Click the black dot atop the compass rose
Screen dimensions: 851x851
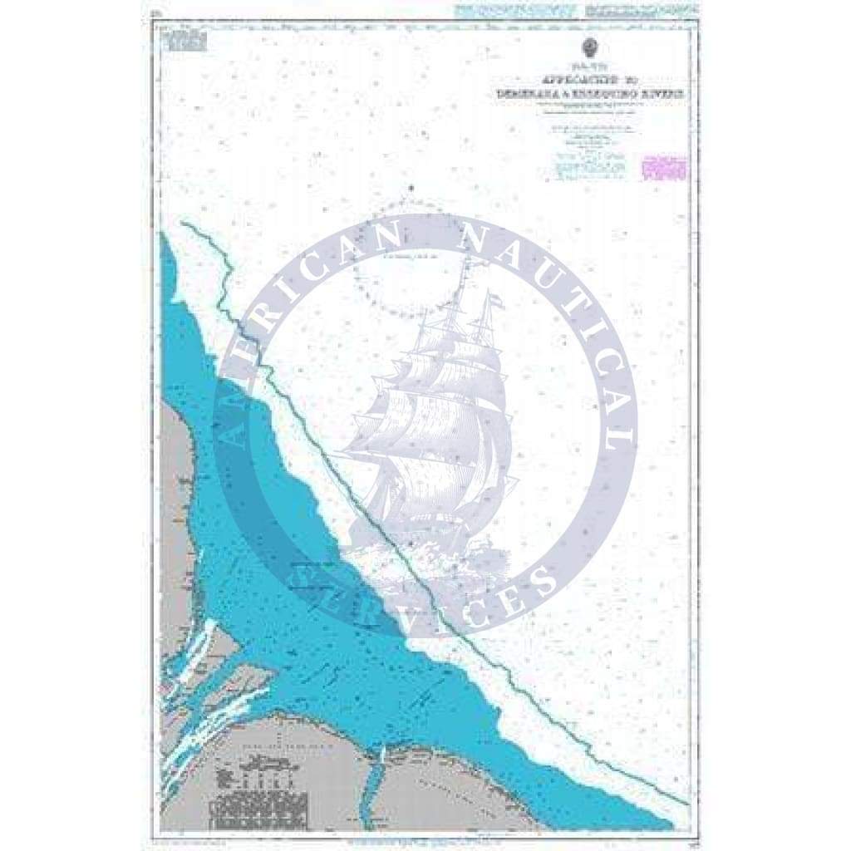tap(410, 190)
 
